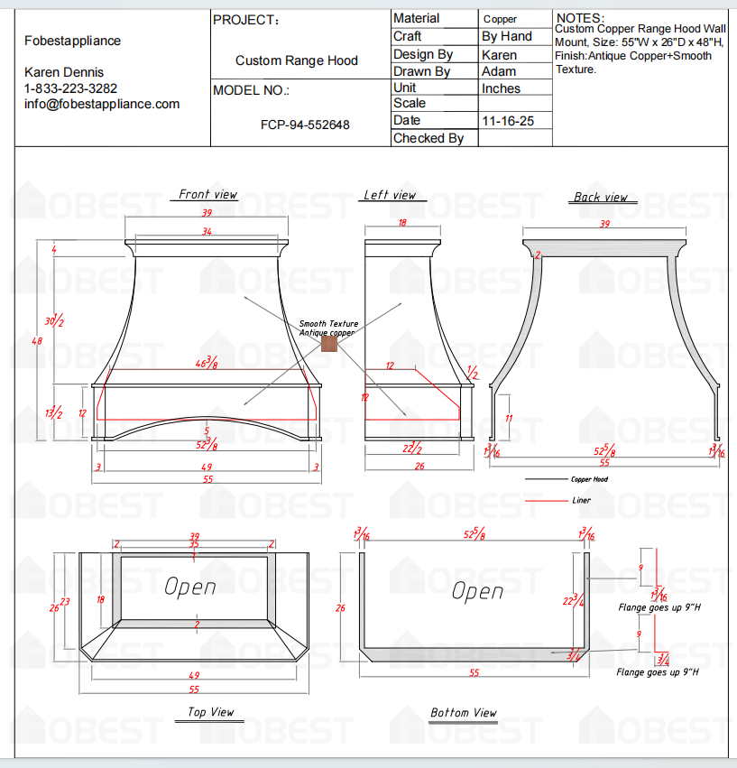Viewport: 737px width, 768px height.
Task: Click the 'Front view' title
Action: pos(207,194)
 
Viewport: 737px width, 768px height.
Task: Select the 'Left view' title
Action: pos(390,195)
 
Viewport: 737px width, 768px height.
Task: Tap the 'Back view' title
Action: pos(601,197)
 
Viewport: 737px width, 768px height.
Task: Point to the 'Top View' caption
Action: pos(211,712)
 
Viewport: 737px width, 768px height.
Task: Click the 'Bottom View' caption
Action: pos(463,713)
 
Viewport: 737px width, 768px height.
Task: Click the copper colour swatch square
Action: pos(327,345)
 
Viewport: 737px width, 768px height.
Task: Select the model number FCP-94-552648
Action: pos(305,125)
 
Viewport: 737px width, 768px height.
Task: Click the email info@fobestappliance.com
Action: pos(102,104)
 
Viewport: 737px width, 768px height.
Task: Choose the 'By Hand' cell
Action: pos(507,37)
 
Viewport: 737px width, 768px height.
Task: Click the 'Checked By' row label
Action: pos(428,138)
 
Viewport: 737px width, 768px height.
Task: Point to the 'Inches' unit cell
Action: pos(502,88)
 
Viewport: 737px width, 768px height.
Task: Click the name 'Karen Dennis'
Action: pos(64,72)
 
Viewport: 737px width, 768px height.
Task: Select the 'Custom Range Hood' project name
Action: pos(297,60)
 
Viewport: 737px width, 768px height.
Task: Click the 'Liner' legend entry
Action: pos(582,500)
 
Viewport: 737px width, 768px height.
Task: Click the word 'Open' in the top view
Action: pos(190,587)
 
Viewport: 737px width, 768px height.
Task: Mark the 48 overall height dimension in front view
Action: pos(37,341)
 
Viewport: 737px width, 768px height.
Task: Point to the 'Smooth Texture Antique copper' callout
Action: pos(328,328)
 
